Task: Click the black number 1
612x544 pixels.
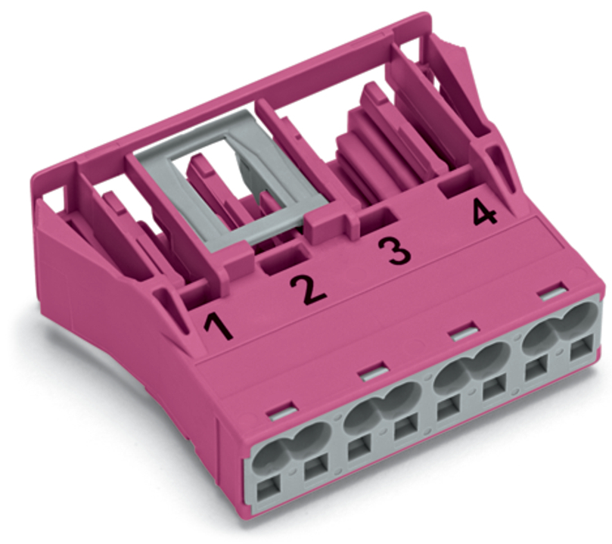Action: (219, 327)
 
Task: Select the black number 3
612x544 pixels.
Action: (394, 250)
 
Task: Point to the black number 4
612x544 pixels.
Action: (484, 212)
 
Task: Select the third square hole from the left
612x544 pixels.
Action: (359, 450)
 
